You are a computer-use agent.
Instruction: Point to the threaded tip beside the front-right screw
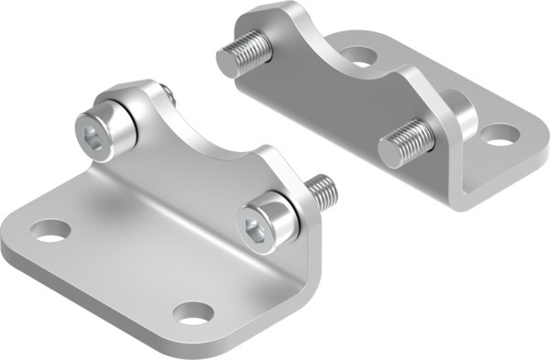(320, 191)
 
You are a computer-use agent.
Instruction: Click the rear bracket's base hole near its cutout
(360, 57)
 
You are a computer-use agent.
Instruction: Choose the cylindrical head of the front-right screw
(271, 224)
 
